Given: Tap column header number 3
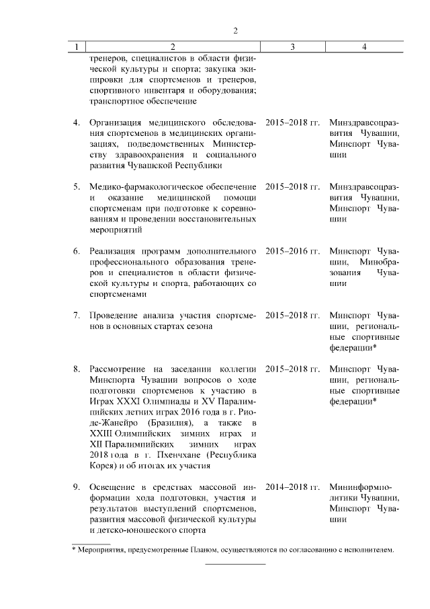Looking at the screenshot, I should (x=292, y=47).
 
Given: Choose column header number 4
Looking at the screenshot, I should (x=363, y=47).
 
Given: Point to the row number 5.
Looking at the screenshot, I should (x=76, y=186).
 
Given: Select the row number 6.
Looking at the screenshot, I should (x=76, y=251).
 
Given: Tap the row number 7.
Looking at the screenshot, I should (x=76, y=315).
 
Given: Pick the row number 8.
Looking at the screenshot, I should (x=76, y=369).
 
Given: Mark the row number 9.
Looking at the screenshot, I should (x=76, y=487).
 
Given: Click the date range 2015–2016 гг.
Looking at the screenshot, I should (x=292, y=251).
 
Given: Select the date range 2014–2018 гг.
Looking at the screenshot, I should (x=292, y=487).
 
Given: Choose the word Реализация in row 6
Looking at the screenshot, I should (x=112, y=251).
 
